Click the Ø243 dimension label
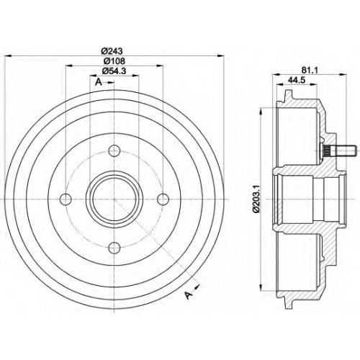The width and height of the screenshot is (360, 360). (x=112, y=51)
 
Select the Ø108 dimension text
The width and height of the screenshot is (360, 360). (x=114, y=61)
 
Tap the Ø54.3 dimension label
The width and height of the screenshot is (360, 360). (x=114, y=71)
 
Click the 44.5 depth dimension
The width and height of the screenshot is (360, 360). (x=297, y=80)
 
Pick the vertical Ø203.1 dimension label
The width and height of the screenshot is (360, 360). (x=256, y=199)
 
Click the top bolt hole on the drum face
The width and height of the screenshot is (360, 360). (x=114, y=150)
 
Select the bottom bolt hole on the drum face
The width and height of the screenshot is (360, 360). (x=114, y=248)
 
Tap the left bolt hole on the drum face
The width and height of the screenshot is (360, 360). (x=66, y=199)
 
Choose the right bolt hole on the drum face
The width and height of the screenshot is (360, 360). (x=163, y=199)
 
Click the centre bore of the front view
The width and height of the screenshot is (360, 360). (x=114, y=199)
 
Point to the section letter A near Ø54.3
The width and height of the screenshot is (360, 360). (x=99, y=82)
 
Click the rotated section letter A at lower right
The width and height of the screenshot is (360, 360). (x=189, y=295)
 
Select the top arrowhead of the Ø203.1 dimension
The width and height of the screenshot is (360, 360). (x=261, y=112)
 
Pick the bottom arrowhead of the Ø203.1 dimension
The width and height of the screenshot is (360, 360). (x=261, y=287)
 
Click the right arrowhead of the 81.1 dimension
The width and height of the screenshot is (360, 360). (x=343, y=74)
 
